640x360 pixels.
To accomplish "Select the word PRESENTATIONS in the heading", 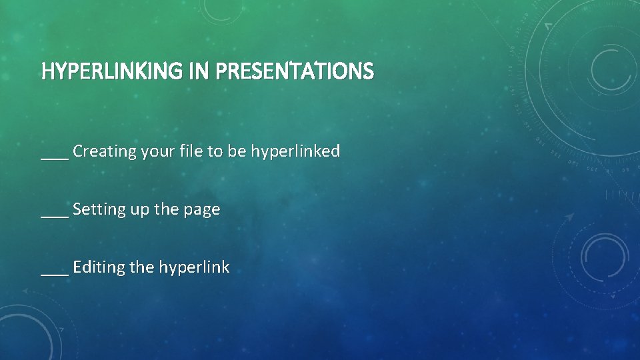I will (294, 71).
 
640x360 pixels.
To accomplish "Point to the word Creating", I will (104, 151).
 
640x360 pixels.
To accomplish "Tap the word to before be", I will (215, 151).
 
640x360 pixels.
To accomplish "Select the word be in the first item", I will (237, 151).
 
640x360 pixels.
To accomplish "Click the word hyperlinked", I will (295, 152).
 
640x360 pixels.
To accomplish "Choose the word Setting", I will (99, 210).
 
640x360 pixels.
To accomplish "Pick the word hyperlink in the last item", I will (194, 268).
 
